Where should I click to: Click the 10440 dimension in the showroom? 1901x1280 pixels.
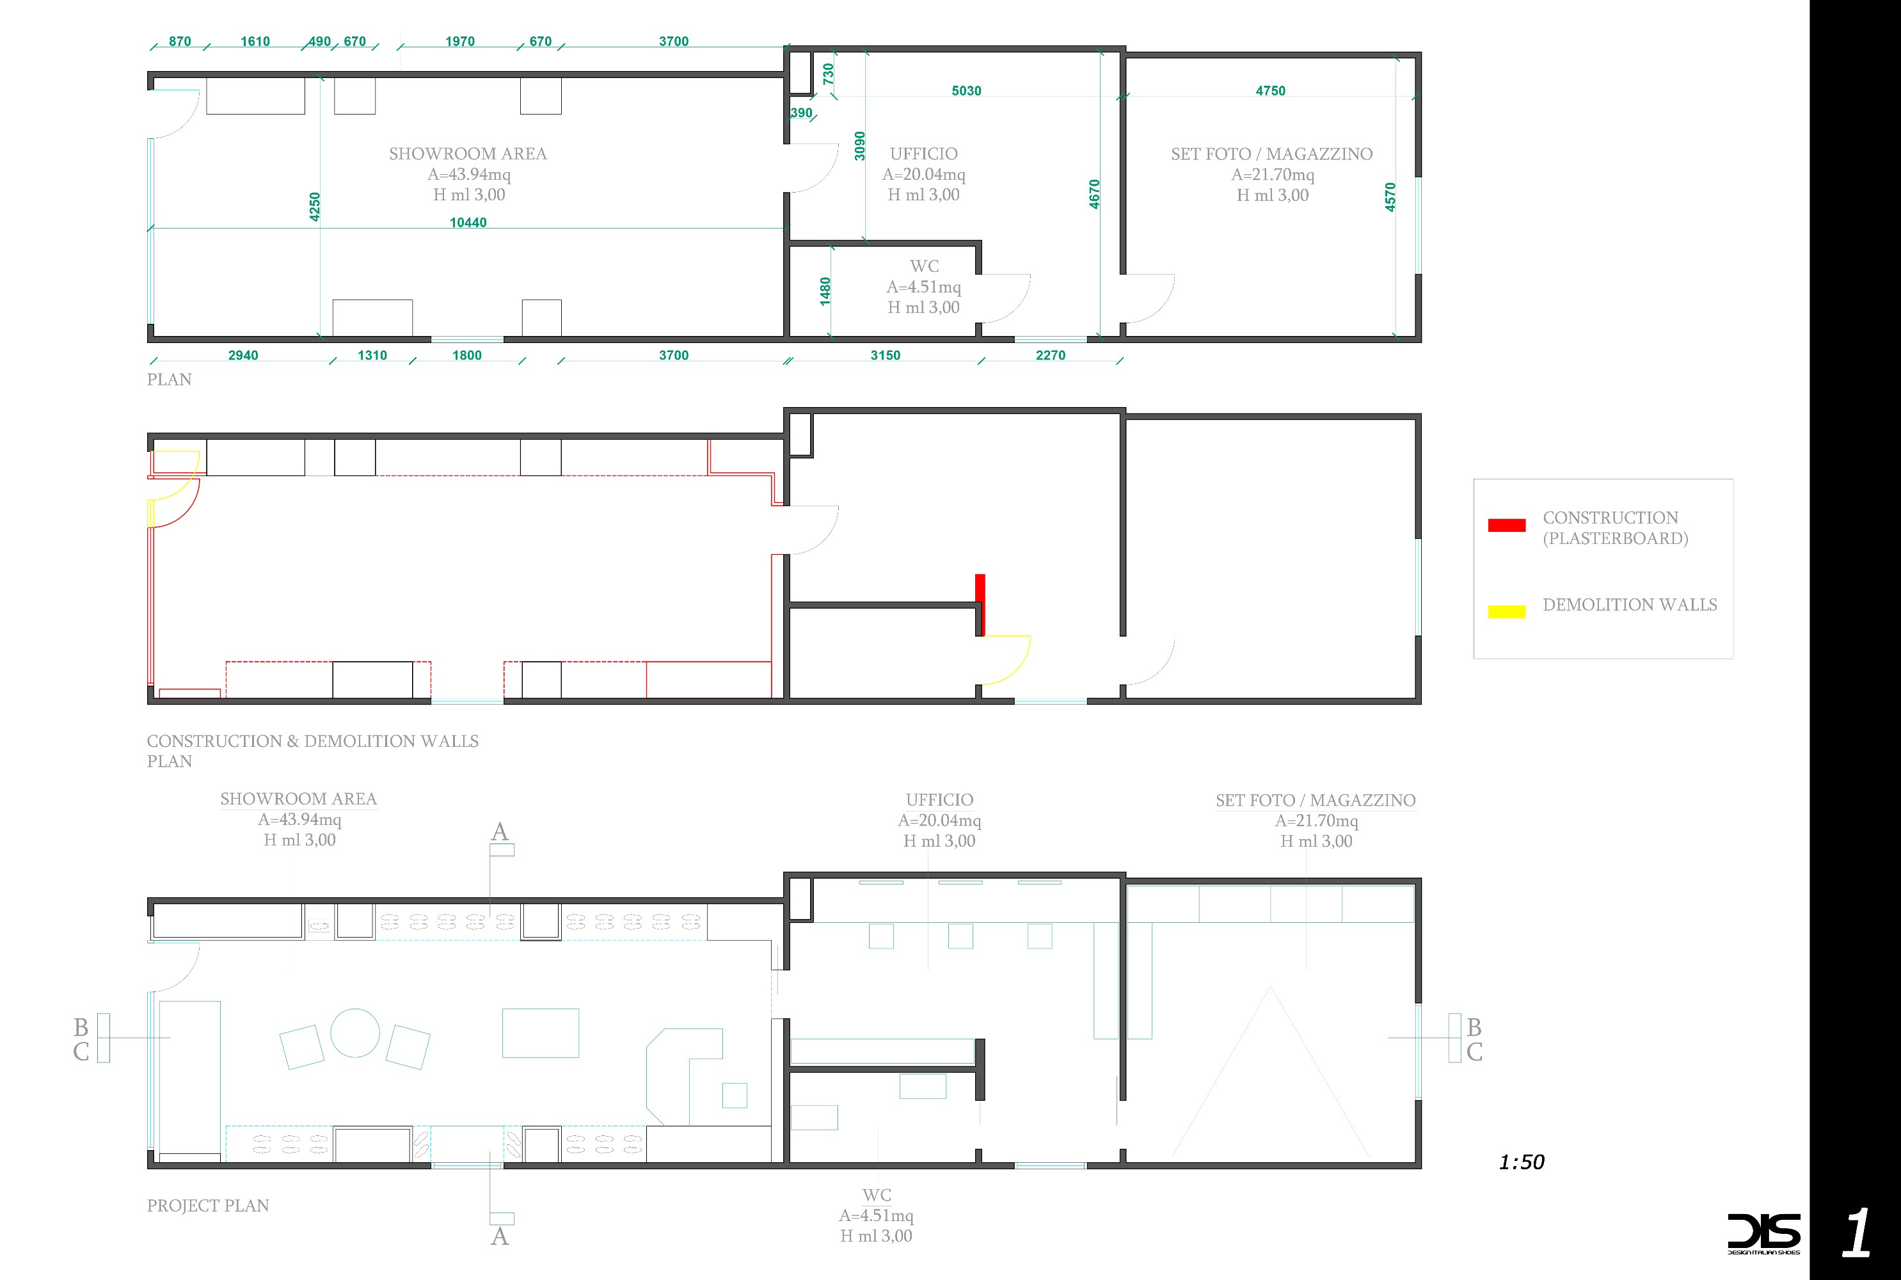tap(468, 222)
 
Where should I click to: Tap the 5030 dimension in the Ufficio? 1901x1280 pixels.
tap(966, 91)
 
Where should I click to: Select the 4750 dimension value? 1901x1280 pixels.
tap(1270, 91)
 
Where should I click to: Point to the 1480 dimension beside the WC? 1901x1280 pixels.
tap(825, 291)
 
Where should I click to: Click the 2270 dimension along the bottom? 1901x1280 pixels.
tap(1050, 355)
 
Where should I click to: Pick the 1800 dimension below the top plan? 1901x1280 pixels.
tap(466, 355)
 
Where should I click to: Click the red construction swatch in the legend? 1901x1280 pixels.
tap(1506, 525)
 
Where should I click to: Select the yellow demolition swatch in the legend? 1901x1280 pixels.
tap(1506, 611)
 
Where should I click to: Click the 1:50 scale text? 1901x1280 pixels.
tap(1522, 1162)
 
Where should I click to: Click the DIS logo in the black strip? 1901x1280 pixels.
tap(1763, 1233)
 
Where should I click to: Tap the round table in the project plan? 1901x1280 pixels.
tap(355, 1033)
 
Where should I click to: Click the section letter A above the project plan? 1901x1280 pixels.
tap(499, 832)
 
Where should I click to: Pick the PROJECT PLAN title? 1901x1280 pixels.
tap(208, 1206)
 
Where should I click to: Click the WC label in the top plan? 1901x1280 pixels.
tap(925, 266)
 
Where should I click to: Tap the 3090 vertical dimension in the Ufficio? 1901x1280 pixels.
tap(859, 146)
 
